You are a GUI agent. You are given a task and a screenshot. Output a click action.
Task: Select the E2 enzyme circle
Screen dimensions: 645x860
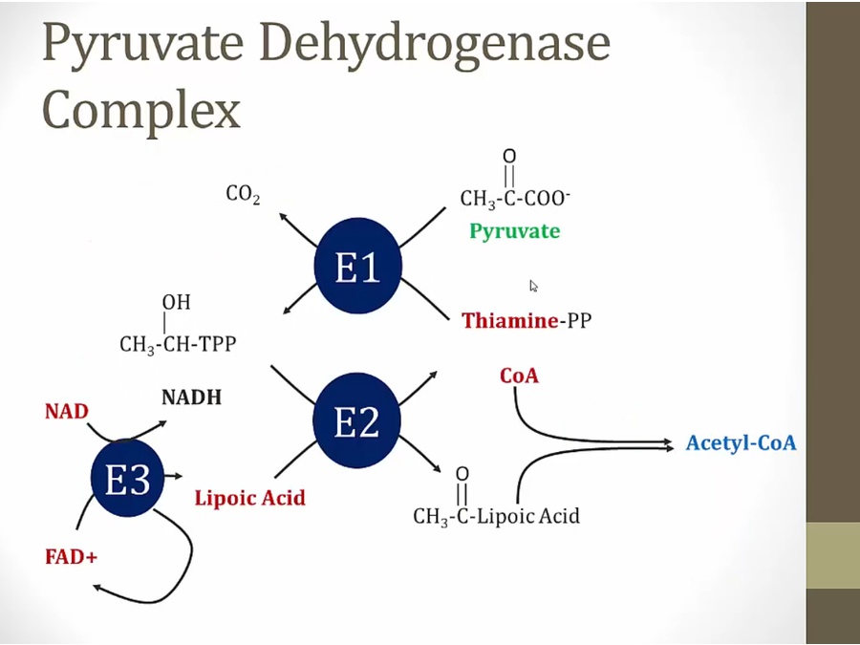[356, 421]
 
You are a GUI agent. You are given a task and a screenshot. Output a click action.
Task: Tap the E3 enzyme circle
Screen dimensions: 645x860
[128, 480]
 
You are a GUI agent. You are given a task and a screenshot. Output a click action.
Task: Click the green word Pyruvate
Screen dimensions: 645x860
[514, 231]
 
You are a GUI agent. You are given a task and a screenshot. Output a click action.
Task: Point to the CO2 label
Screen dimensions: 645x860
[243, 194]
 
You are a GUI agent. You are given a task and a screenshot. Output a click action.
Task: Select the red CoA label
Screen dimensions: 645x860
[519, 376]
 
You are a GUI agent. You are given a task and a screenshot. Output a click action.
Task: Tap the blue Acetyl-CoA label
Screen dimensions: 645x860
[741, 443]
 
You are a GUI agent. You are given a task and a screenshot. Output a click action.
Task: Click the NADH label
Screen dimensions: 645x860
[191, 398]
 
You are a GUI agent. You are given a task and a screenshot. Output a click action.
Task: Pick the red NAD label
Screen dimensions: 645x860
[66, 412]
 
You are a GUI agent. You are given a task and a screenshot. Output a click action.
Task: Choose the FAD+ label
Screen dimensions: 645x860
[71, 556]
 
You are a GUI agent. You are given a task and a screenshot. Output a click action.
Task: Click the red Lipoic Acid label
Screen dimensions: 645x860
[249, 498]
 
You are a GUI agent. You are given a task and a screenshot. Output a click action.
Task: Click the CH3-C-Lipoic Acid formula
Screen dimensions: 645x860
[496, 517]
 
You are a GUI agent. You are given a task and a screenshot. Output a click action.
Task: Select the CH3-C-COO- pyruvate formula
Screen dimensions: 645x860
[514, 199]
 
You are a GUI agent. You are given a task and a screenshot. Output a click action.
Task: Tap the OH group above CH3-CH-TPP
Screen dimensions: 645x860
[176, 302]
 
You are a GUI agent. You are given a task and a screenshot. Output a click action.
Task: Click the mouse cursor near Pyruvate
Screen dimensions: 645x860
[533, 285]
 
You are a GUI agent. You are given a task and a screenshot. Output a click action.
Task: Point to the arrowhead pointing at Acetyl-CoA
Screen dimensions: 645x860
[668, 443]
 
